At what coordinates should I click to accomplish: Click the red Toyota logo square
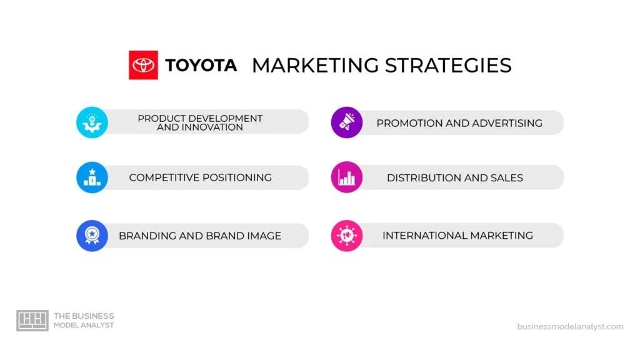[143, 65]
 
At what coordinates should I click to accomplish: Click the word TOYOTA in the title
[201, 65]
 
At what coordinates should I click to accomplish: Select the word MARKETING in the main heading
[314, 65]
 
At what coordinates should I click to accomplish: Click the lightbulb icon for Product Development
[92, 122]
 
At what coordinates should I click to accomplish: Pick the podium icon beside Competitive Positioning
[92, 177]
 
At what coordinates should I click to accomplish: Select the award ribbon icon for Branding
[92, 236]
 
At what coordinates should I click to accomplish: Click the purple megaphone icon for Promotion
[346, 122]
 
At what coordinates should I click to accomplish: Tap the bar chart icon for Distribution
[346, 177]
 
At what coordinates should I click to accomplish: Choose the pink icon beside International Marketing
[346, 236]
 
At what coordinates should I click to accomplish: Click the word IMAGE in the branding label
[261, 236]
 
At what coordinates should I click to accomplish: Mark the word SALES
[506, 177]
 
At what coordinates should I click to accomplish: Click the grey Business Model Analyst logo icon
[32, 320]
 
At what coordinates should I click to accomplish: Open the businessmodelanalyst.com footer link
[570, 326]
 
